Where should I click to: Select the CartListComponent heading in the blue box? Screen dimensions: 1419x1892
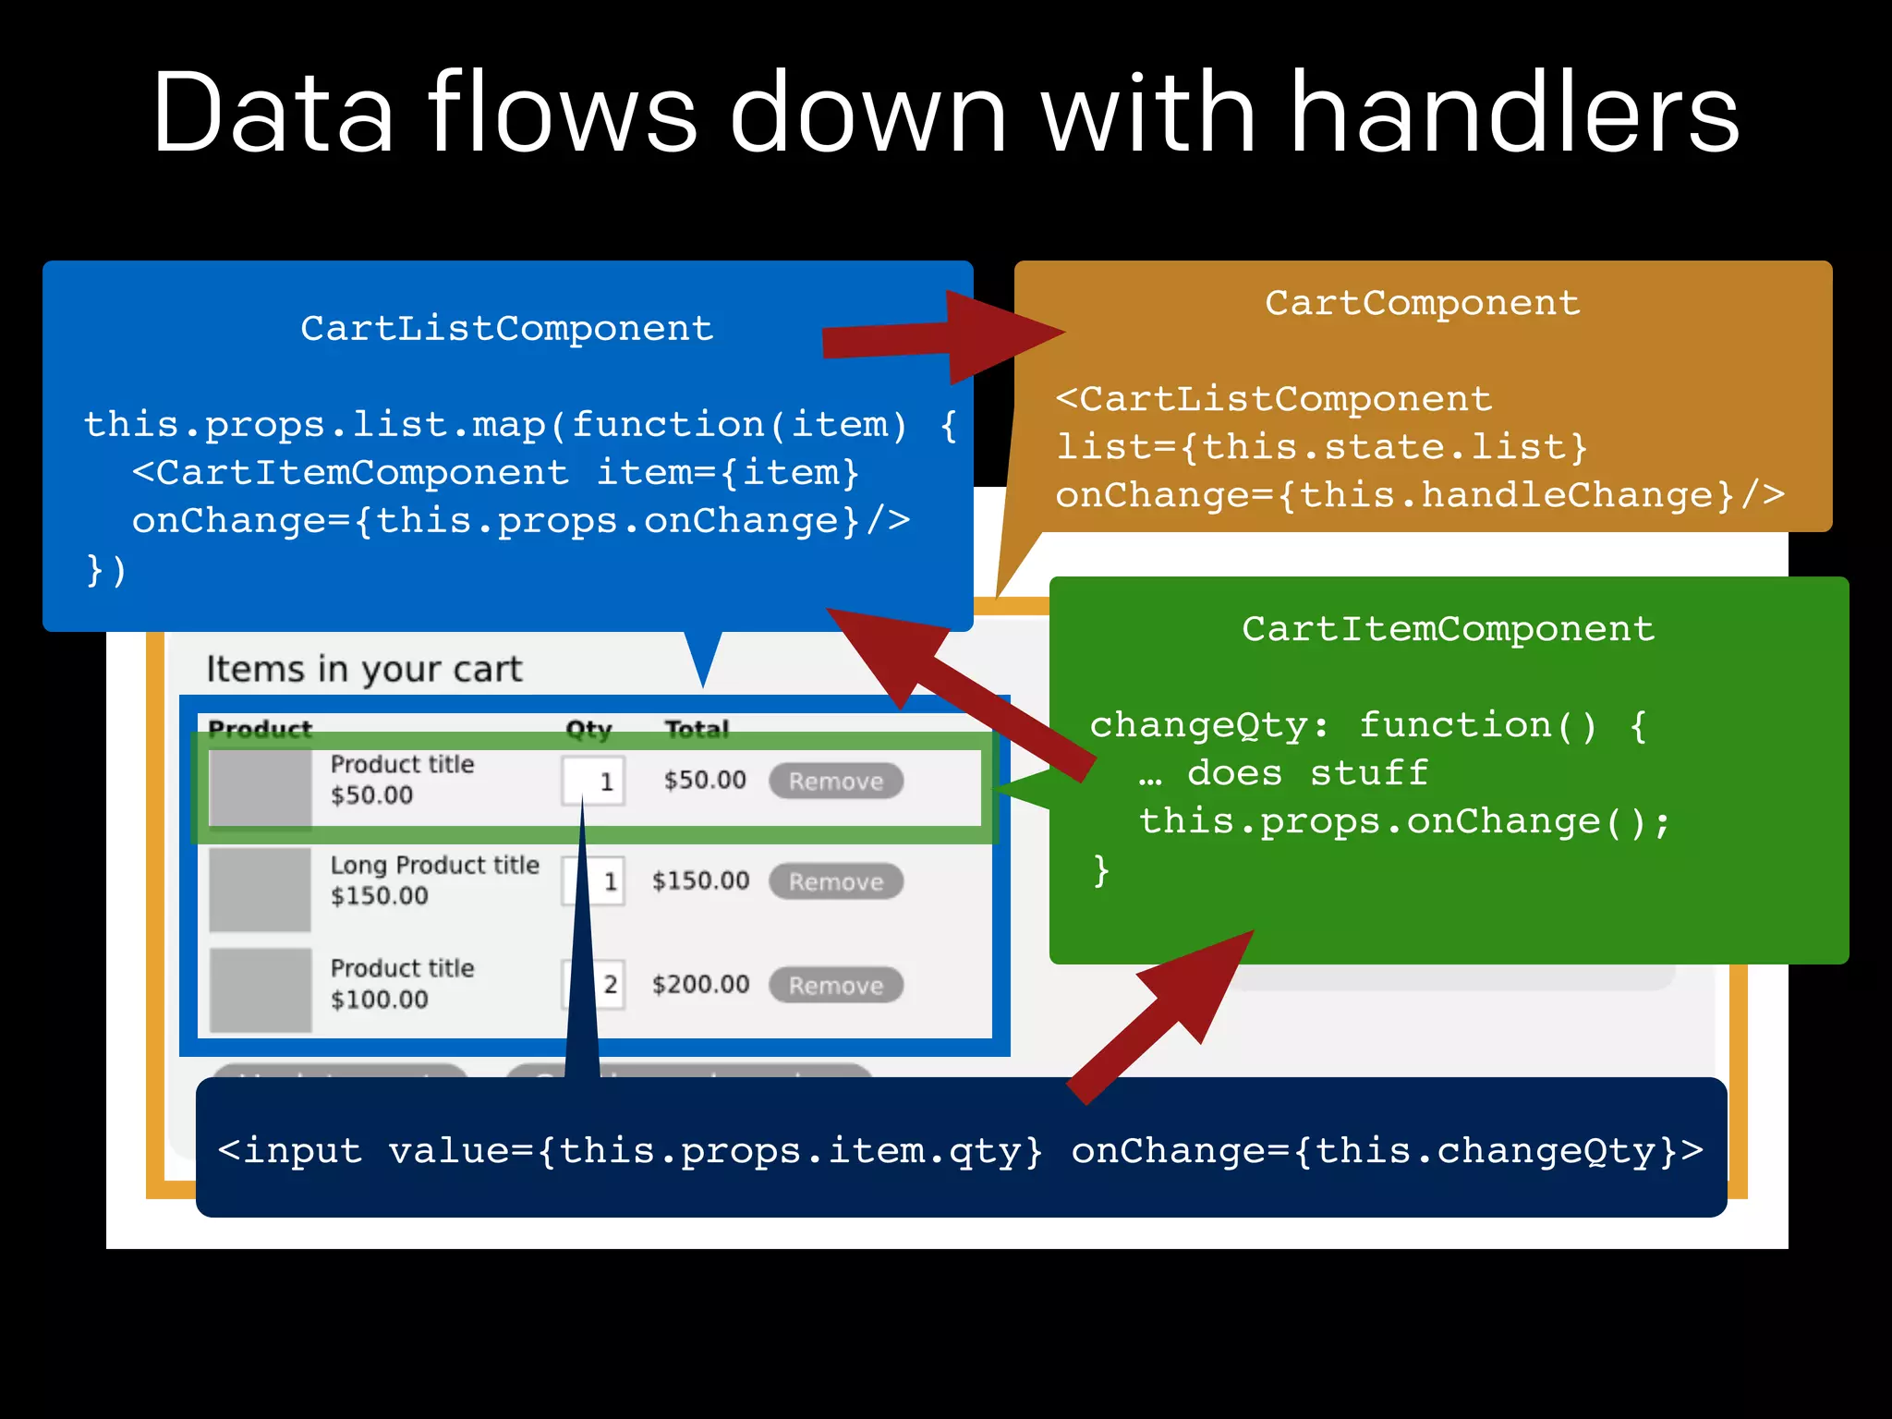[507, 329]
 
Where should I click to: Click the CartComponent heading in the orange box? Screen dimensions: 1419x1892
[1422, 303]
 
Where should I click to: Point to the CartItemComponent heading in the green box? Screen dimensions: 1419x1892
[1448, 629]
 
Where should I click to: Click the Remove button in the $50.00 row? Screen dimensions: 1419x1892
[836, 782]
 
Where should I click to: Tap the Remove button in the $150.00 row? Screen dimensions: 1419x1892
[836, 882]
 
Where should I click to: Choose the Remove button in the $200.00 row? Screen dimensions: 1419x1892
[836, 986]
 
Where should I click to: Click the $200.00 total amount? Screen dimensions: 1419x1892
[700, 985]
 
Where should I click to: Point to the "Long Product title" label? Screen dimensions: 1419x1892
[434, 866]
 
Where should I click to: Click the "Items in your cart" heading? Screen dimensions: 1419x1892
[364, 669]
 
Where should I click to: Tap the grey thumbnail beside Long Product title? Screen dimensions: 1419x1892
[260, 890]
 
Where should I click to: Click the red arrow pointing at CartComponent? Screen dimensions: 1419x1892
[942, 337]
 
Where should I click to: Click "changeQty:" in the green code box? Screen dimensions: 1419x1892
[1208, 725]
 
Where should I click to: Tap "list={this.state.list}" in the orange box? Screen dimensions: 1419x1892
[1321, 448]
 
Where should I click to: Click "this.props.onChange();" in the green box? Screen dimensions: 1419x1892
[1404, 821]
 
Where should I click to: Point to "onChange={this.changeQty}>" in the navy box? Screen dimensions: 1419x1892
[1386, 1151]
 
